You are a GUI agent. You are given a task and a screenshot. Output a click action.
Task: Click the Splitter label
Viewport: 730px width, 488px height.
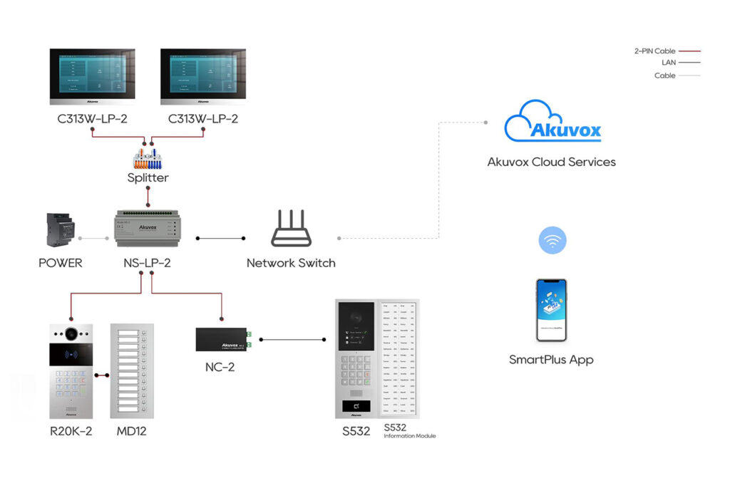(x=147, y=177)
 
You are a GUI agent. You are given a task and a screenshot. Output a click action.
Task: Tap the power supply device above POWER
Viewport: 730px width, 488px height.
(x=60, y=229)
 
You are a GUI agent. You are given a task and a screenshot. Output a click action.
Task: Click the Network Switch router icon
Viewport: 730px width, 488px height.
(x=291, y=229)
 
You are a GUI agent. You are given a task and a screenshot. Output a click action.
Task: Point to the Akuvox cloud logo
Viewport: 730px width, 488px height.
(x=552, y=123)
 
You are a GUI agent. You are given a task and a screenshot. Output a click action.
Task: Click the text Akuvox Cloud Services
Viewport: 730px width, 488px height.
(x=551, y=162)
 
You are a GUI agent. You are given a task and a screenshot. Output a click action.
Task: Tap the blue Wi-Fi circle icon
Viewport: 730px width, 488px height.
(x=552, y=240)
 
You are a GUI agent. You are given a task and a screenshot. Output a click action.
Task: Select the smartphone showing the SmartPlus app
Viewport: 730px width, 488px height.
(x=551, y=310)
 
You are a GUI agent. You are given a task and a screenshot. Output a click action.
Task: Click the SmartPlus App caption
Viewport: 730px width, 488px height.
(x=551, y=360)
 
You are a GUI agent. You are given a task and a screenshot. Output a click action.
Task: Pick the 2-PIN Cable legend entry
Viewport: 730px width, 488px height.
(x=667, y=51)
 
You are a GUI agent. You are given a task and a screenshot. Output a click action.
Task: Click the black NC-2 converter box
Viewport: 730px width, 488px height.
(x=221, y=338)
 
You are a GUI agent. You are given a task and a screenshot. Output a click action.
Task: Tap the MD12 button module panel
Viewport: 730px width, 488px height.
(x=132, y=371)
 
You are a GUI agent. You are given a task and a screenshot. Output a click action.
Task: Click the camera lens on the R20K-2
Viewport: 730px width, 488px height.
(x=71, y=333)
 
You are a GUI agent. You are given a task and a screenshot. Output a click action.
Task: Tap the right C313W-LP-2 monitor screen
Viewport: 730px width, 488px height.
(x=203, y=76)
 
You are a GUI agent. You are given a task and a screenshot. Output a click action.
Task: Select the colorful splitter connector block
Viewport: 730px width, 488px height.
(x=147, y=157)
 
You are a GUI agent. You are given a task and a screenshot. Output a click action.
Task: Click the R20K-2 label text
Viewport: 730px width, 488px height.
(x=71, y=432)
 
